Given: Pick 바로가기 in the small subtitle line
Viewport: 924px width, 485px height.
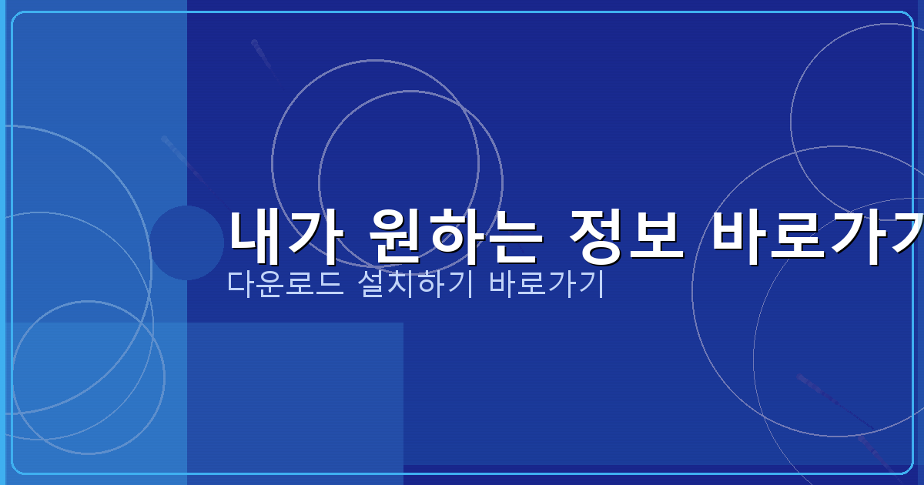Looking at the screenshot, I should [546, 284].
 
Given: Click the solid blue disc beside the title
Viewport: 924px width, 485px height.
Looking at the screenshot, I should [186, 242].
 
